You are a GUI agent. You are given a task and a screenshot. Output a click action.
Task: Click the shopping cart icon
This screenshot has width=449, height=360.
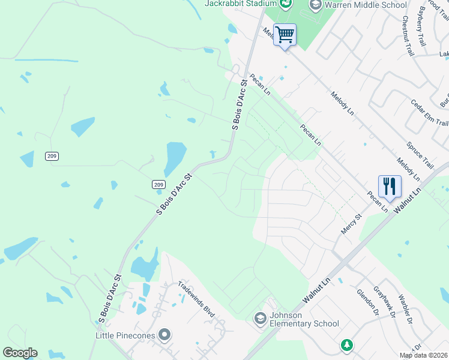click(285, 34)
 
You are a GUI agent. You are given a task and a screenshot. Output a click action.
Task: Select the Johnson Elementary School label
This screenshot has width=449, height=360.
click(304, 319)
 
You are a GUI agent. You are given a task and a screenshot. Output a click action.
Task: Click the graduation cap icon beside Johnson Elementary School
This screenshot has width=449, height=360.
click(261, 317)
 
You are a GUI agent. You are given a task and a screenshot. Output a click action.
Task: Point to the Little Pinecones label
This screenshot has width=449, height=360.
click(125, 335)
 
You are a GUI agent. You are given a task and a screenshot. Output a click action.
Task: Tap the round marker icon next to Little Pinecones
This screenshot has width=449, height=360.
click(165, 335)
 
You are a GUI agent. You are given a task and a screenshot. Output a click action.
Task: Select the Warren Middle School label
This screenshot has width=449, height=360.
click(366, 5)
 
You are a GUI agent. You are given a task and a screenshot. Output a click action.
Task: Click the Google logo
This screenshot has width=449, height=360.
click(20, 353)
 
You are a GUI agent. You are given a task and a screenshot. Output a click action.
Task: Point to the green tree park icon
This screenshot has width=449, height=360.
click(346, 345)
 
